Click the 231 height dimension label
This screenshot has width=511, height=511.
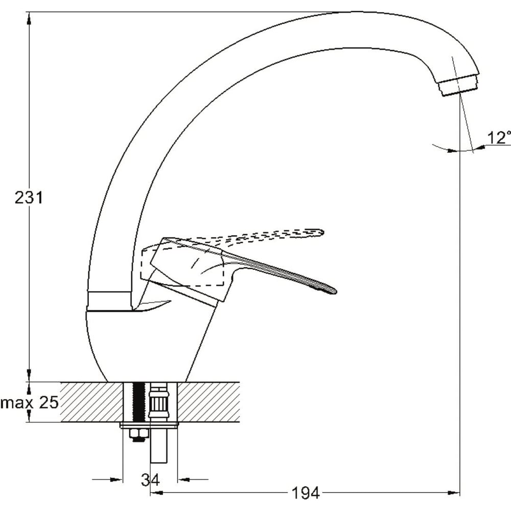pos(29,198)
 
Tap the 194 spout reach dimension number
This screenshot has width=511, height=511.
pos(305,493)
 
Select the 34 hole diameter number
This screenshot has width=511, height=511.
pos(150,479)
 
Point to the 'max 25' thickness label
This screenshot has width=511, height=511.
pos(29,403)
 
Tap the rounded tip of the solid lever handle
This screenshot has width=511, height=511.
pos(333,290)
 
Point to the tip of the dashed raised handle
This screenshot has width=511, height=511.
pos(319,232)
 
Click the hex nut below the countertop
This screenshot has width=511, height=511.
pos(139,434)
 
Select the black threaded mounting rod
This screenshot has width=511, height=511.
pos(140,403)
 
